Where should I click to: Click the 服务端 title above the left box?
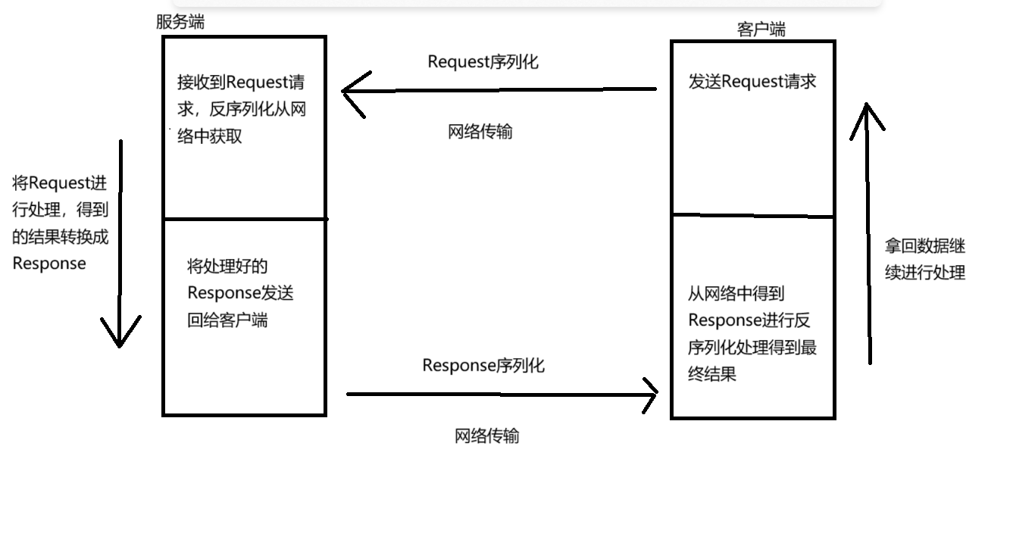180,22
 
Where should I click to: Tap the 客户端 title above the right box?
761,30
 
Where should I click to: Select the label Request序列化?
483,62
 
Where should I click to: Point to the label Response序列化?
483,366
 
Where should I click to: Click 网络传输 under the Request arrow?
480,132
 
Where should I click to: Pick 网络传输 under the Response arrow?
486,436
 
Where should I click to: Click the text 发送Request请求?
752,82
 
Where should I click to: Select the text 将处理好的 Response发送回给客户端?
239,293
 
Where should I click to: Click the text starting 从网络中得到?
752,334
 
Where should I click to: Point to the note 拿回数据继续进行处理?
924,259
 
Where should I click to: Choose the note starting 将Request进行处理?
61,223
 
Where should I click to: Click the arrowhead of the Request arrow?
345,92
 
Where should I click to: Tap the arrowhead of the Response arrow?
655,393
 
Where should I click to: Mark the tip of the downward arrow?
120,345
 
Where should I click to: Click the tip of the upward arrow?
867,106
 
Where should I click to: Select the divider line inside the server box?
244,219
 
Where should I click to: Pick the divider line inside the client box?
752,217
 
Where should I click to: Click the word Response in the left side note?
49,264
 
